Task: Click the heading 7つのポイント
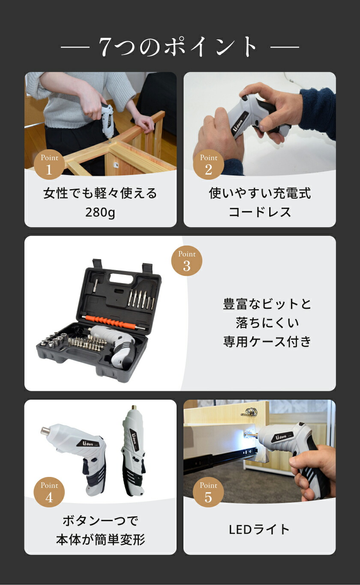tap(180, 46)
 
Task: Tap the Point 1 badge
tap(49, 164)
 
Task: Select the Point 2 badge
tap(208, 164)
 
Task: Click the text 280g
tap(100, 212)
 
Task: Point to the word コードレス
tap(260, 212)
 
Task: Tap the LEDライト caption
tap(260, 529)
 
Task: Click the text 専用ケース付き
tap(267, 342)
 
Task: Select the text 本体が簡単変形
tap(100, 540)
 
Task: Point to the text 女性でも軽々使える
tap(100, 193)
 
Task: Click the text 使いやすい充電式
tap(260, 193)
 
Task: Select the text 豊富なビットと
tap(267, 304)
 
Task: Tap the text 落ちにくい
tap(267, 323)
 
